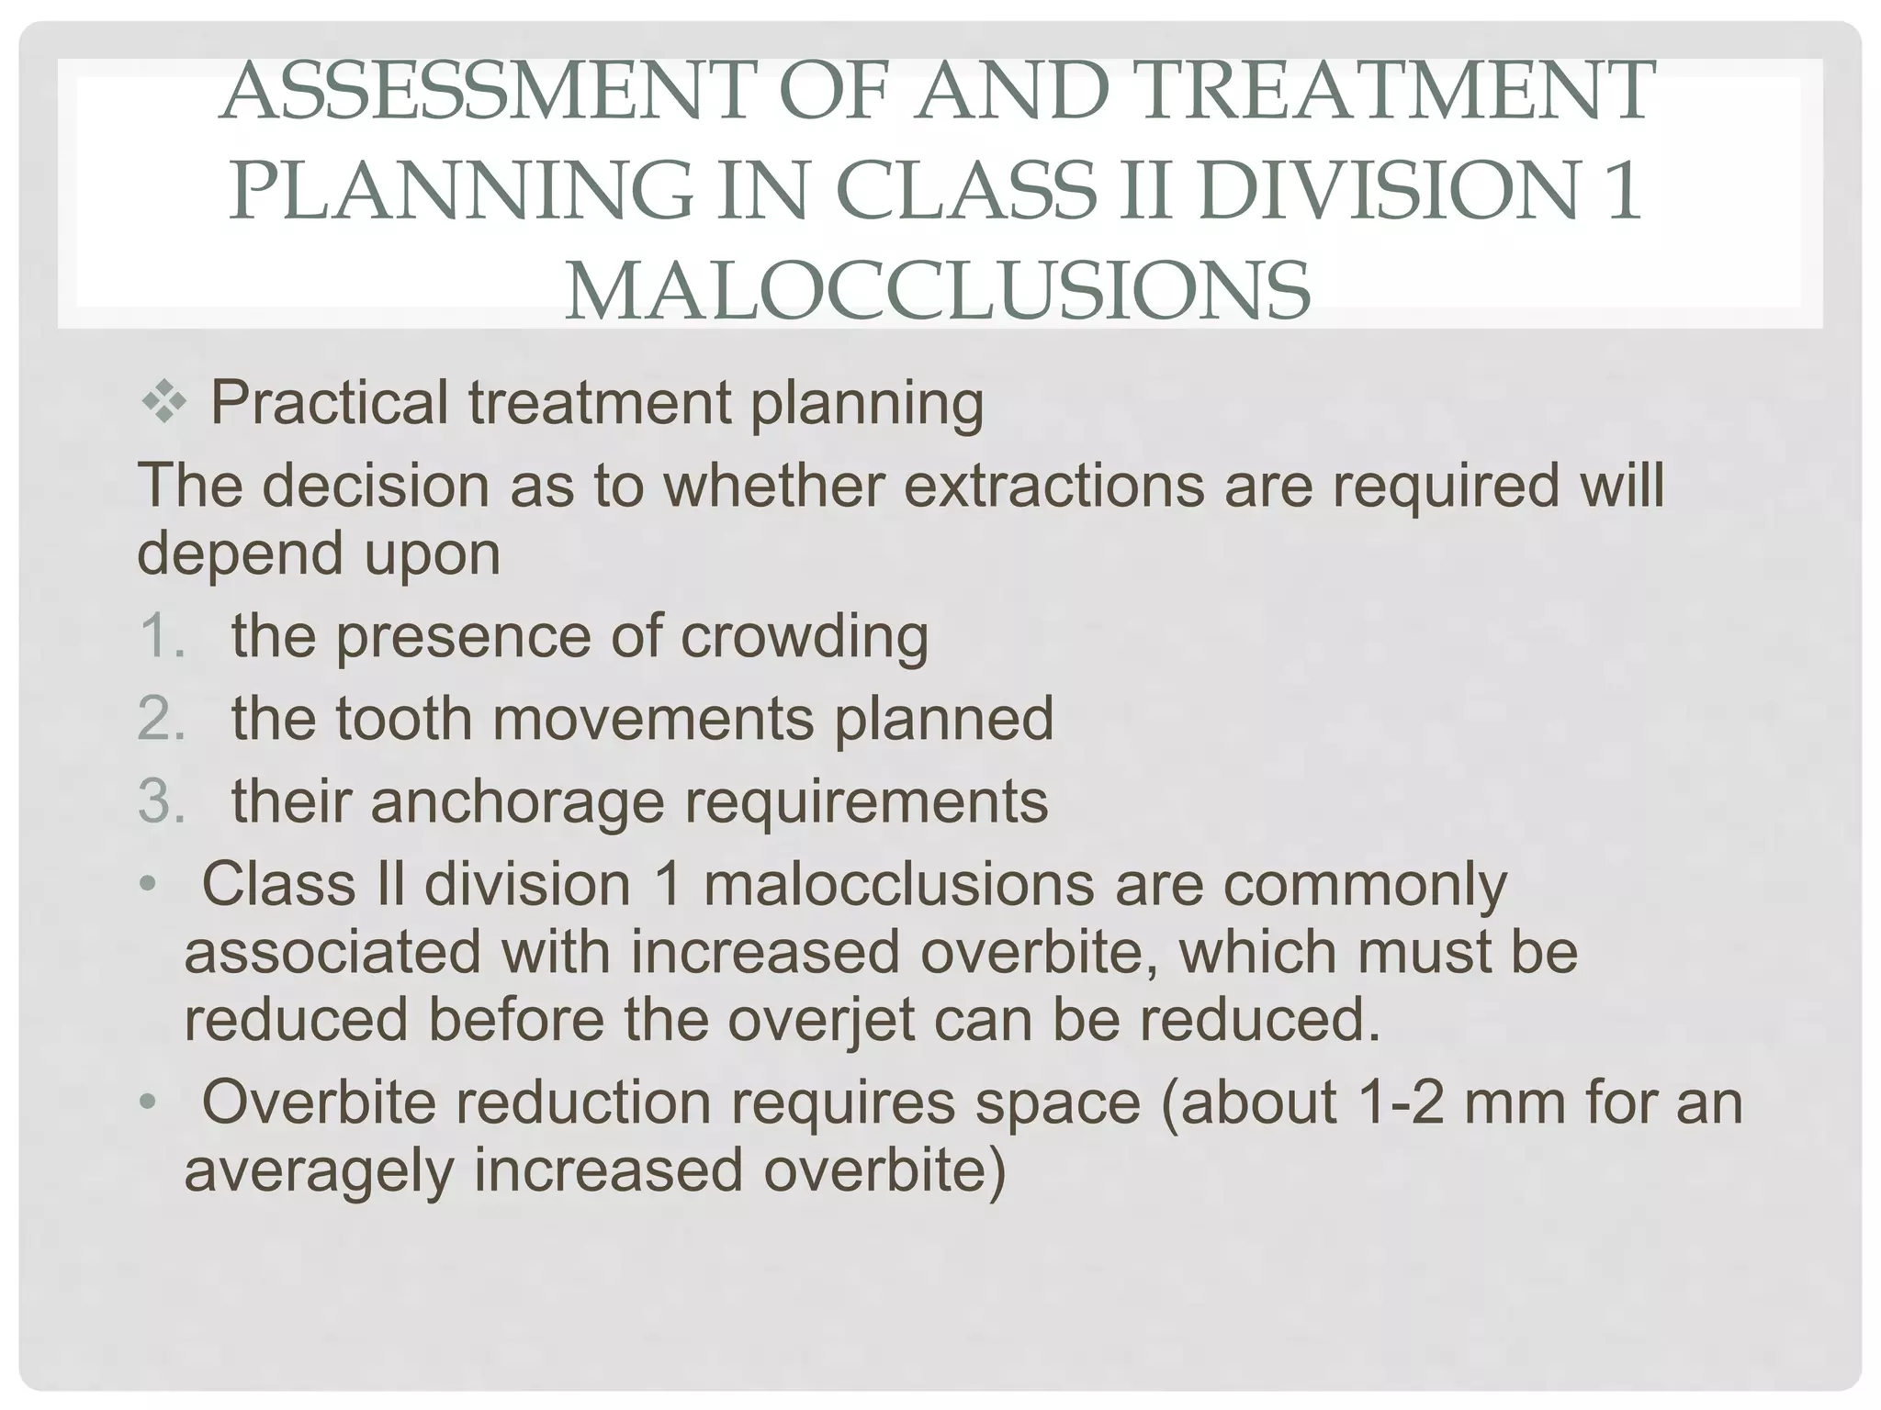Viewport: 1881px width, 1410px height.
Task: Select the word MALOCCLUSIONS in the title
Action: click(937, 290)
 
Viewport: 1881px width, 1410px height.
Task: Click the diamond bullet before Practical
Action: click(164, 404)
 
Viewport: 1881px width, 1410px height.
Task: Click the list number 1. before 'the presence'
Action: click(162, 636)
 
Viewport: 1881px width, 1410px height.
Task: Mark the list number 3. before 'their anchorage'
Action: click(162, 800)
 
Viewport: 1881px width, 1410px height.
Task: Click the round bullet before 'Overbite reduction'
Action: click(148, 1102)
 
